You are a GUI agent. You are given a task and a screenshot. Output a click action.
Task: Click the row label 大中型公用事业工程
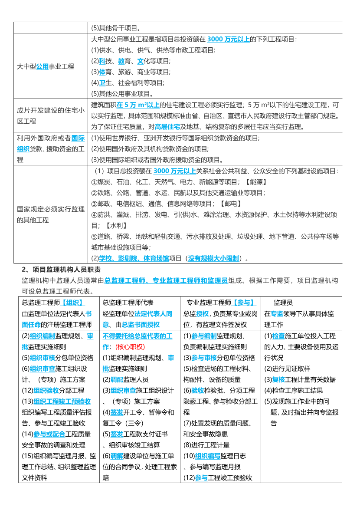click(46, 66)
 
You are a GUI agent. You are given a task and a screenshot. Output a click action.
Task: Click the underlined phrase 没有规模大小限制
click(213, 258)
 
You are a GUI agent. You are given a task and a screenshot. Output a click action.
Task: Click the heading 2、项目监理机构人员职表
click(61, 270)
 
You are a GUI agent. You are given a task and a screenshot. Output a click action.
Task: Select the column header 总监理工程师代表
click(128, 302)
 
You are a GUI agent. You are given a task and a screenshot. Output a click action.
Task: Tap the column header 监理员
click(283, 302)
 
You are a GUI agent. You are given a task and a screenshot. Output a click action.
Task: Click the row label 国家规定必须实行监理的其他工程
click(51, 214)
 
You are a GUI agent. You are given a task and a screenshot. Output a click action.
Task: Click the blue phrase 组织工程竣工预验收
click(62, 401)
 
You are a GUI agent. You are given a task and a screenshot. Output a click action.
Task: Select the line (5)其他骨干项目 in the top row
click(116, 28)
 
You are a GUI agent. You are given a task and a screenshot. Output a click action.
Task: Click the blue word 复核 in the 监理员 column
click(279, 379)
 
